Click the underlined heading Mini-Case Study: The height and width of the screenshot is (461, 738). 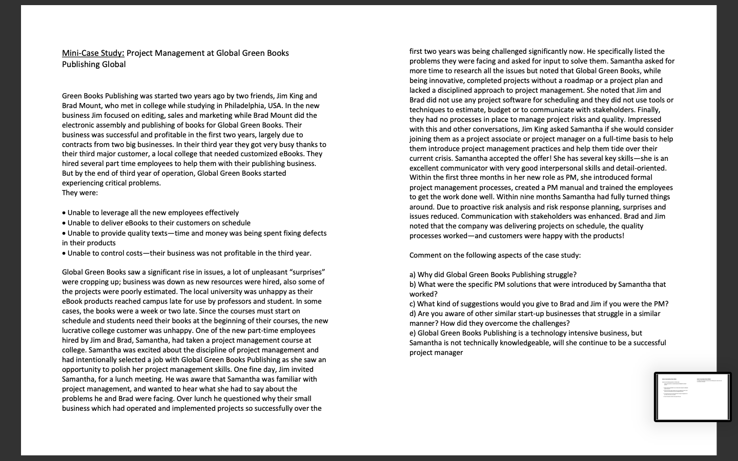93,53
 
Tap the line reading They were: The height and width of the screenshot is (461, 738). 80,193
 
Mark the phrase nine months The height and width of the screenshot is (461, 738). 539,197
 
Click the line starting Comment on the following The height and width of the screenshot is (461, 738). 495,255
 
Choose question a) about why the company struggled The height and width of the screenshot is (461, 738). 493,275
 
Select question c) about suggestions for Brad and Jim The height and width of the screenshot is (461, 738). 539,304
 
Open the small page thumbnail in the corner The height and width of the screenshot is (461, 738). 693,397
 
